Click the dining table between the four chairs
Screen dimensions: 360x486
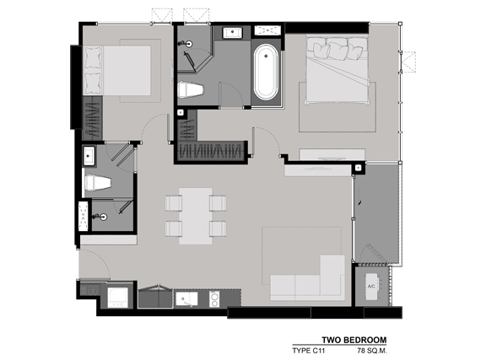pos(196,215)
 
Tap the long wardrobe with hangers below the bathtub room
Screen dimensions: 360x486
pos(211,151)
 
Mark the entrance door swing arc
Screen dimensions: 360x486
pos(94,268)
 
